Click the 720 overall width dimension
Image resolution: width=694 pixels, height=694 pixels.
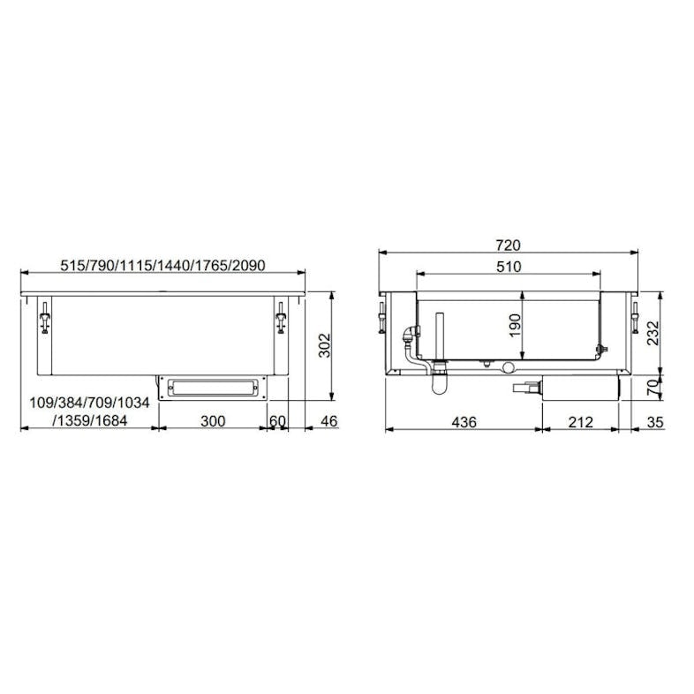click(508, 245)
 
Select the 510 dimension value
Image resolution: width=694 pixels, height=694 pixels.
click(509, 267)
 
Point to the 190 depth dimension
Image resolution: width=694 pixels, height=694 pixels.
click(515, 325)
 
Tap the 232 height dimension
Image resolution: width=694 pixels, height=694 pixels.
click(653, 333)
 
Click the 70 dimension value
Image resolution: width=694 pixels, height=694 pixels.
click(653, 388)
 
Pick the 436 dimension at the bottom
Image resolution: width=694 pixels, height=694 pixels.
click(464, 422)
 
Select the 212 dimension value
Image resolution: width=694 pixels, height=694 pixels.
click(580, 422)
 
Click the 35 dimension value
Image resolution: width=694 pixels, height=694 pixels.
click(655, 422)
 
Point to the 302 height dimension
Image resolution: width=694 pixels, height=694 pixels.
click(325, 345)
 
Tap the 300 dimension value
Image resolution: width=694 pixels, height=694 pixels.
click(213, 421)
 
